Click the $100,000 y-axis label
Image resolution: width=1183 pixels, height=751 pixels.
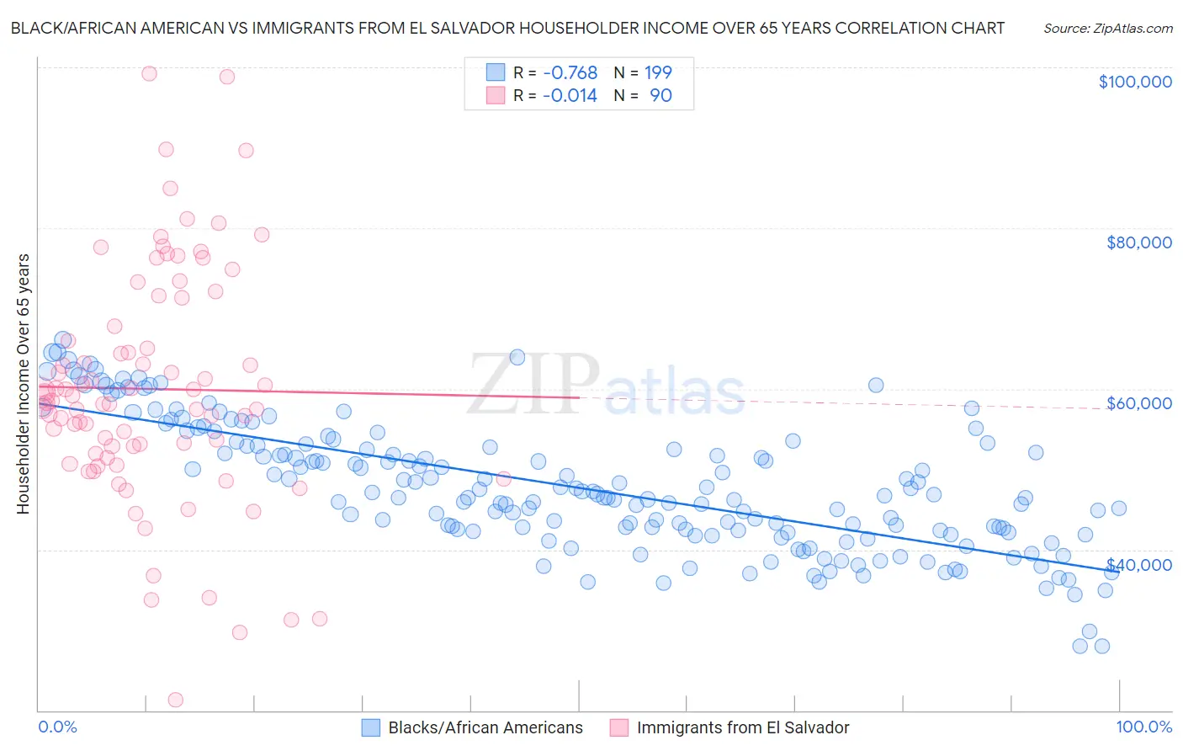(x=1134, y=82)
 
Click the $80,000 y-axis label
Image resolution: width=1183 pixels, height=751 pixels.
(x=1138, y=242)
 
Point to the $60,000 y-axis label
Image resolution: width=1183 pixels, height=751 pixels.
(x=1138, y=403)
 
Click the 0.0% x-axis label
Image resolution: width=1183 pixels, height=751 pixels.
(x=57, y=727)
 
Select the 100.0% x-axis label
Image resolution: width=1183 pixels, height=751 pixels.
(x=1143, y=727)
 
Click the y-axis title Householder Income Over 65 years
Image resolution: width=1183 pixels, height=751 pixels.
(x=23, y=384)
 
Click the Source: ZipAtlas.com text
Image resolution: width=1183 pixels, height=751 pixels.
(x=1107, y=28)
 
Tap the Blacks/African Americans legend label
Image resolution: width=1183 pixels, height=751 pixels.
(x=485, y=728)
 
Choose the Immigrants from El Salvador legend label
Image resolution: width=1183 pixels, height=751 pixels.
(x=743, y=728)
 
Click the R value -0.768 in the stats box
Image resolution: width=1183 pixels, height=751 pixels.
(x=570, y=72)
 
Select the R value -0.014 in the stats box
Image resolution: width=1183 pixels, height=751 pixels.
(x=570, y=96)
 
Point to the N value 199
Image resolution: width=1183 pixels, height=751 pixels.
(x=658, y=72)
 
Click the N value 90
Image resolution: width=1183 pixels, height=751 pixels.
(x=660, y=96)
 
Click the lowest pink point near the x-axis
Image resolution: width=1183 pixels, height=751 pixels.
(x=176, y=700)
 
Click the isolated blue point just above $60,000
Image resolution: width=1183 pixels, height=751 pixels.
(x=876, y=385)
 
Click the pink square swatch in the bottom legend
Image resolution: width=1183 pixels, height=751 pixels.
(x=619, y=728)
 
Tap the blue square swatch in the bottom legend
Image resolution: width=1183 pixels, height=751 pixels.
(x=371, y=728)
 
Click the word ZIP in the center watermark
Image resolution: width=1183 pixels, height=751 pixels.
(x=533, y=386)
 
